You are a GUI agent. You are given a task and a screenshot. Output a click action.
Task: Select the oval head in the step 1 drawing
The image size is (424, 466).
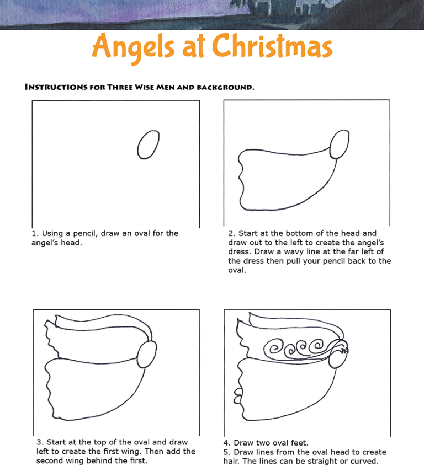(x=148, y=145)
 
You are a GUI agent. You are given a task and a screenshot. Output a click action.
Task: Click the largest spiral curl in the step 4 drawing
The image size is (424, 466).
(x=274, y=349)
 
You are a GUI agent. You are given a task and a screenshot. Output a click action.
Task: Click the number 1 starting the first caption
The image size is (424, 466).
(x=34, y=233)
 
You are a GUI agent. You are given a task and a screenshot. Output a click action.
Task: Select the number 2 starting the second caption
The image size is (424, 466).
(x=231, y=233)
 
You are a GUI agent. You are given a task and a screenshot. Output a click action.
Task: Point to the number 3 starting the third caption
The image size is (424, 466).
(x=39, y=442)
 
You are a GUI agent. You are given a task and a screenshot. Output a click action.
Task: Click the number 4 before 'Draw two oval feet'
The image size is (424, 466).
(x=226, y=443)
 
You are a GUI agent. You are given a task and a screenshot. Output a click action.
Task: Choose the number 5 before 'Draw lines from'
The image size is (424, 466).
(x=226, y=452)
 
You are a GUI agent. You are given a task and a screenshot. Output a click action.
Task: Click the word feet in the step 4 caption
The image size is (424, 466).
(x=299, y=443)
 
